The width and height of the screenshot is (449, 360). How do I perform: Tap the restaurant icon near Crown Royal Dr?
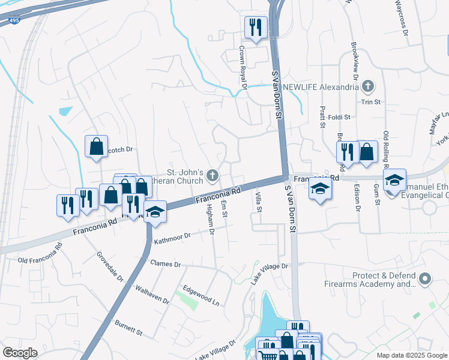tap(256, 27)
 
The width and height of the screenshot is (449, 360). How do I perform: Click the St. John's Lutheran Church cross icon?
tap(211, 176)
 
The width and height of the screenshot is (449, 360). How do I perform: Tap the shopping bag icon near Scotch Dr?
tap(96, 146)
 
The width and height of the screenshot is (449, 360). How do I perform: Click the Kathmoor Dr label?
tap(172, 239)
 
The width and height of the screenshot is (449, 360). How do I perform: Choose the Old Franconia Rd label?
tap(40, 260)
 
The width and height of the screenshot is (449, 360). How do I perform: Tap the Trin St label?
tap(371, 102)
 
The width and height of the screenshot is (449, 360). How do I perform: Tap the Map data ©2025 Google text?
tap(411, 355)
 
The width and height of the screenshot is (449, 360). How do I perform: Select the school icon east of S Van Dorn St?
tap(320, 190)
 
